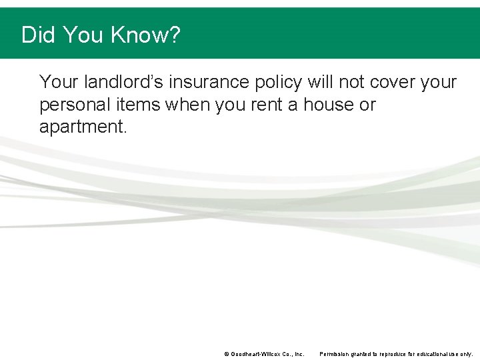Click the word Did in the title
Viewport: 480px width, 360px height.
point(38,35)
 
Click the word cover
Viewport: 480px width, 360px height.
point(393,82)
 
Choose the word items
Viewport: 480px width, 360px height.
point(139,105)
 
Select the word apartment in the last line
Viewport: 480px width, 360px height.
point(81,127)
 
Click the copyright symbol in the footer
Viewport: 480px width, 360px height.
point(227,355)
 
